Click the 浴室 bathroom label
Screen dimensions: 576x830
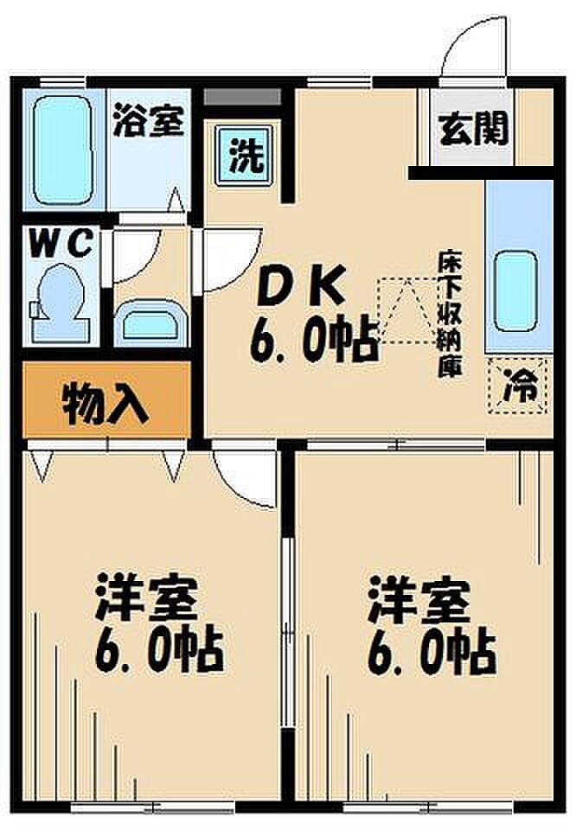pyautogui.click(x=149, y=121)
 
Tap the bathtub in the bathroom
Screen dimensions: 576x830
pyautogui.click(x=63, y=150)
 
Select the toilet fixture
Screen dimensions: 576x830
pyautogui.click(x=60, y=303)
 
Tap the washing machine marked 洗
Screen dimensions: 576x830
pyautogui.click(x=246, y=154)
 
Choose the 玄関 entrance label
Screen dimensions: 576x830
pyautogui.click(x=474, y=128)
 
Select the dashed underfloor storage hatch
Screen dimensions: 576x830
pyautogui.click(x=406, y=310)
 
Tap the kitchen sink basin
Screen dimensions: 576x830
pyautogui.click(x=515, y=290)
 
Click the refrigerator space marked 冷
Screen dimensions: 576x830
pyautogui.click(x=518, y=386)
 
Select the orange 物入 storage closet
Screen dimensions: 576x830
pyautogui.click(x=106, y=399)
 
